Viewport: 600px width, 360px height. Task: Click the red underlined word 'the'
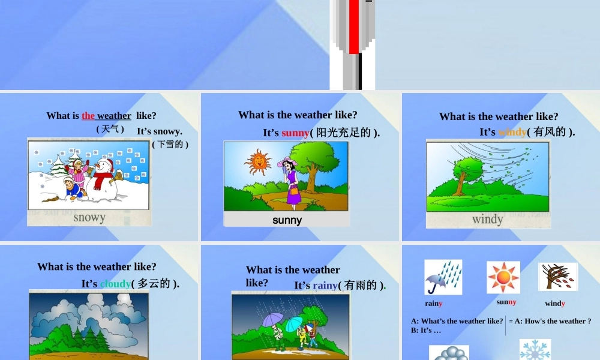88,116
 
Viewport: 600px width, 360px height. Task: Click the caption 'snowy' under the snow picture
89,217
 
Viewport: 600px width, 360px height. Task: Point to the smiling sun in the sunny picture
258,162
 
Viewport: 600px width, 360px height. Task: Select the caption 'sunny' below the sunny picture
287,220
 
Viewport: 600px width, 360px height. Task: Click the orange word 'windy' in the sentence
512,132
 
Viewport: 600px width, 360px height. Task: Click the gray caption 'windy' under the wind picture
487,219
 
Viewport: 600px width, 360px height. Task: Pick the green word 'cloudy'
115,284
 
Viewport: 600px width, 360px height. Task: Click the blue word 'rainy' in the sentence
325,286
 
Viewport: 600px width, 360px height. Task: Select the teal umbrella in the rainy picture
294,323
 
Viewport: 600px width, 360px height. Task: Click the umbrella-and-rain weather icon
443,277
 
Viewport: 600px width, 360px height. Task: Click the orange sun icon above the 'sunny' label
503,277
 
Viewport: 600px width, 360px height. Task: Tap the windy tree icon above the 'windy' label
557,277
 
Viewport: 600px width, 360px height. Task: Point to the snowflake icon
535,349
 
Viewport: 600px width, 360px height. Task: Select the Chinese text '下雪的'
170,144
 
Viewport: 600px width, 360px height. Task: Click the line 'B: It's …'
426,330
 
